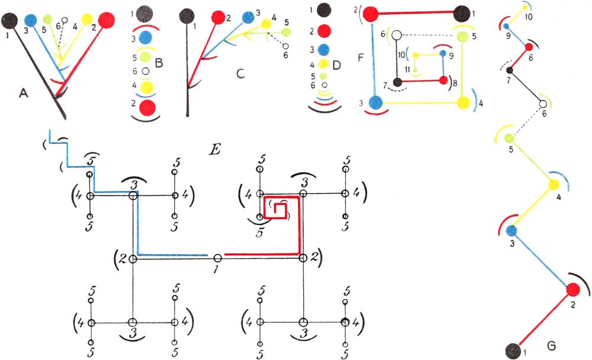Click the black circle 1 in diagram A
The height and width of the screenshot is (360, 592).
click(x=9, y=21)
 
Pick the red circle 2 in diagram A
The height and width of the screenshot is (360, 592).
click(x=107, y=20)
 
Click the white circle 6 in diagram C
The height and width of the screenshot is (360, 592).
click(x=286, y=46)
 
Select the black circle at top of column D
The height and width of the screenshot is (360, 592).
click(x=323, y=9)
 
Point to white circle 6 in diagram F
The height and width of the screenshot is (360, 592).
click(x=397, y=36)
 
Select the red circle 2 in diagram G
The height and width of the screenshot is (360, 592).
click(x=572, y=290)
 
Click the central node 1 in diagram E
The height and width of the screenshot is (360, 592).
click(x=217, y=258)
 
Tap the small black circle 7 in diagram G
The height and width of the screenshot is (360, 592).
click(x=510, y=71)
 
